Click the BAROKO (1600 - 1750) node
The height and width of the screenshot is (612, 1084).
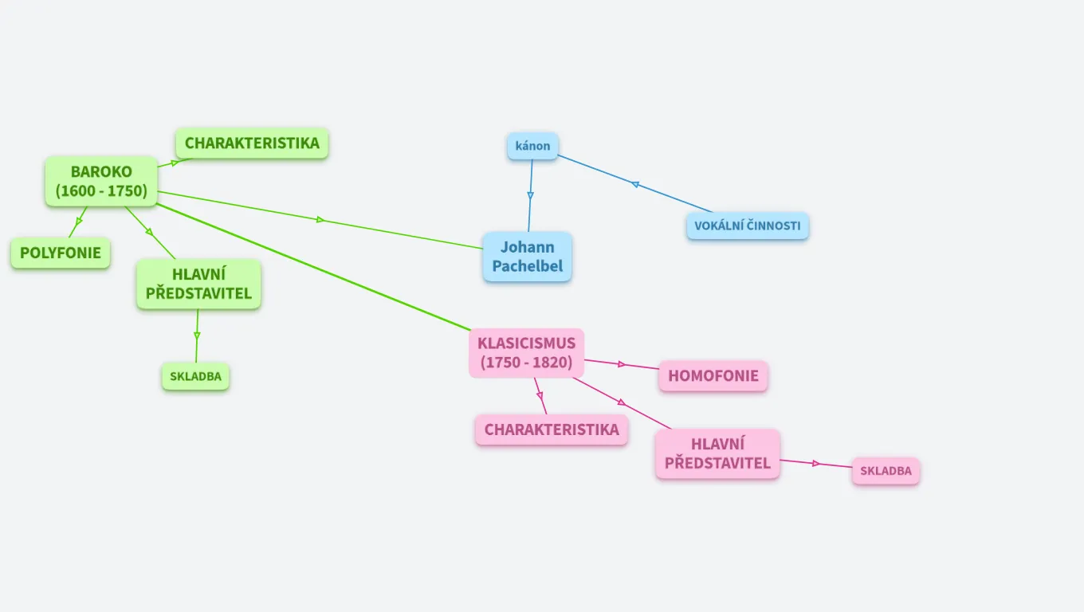pyautogui.click(x=101, y=182)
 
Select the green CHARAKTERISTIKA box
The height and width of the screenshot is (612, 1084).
pyautogui.click(x=252, y=143)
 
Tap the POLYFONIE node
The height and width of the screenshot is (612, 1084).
pyautogui.click(x=61, y=253)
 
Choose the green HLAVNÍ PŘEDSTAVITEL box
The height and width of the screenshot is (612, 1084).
pyautogui.click(x=198, y=284)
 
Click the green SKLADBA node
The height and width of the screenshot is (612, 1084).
pyautogui.click(x=195, y=377)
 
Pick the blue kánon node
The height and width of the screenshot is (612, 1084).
pyautogui.click(x=532, y=147)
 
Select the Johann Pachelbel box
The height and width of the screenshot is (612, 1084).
pyautogui.click(x=527, y=257)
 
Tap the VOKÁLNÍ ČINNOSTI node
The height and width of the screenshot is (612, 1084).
pyautogui.click(x=747, y=226)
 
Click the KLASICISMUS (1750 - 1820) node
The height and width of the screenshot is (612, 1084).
pyautogui.click(x=526, y=353)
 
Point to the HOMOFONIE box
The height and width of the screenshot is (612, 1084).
pyautogui.click(x=713, y=376)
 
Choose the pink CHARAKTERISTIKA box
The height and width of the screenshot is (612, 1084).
pyautogui.click(x=552, y=430)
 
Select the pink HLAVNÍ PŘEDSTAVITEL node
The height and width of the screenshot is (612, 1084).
pyautogui.click(x=717, y=454)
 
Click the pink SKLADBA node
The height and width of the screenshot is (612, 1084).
pyautogui.click(x=886, y=471)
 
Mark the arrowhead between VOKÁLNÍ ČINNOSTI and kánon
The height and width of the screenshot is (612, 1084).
pyautogui.click(x=635, y=184)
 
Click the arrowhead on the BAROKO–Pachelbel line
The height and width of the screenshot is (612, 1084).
pyautogui.click(x=320, y=220)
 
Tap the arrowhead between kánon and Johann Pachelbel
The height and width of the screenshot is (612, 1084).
pyautogui.click(x=530, y=194)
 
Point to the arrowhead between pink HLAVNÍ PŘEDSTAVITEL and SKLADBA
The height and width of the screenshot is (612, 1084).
pyautogui.click(x=816, y=463)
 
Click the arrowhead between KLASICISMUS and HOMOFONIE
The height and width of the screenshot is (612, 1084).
pyautogui.click(x=619, y=363)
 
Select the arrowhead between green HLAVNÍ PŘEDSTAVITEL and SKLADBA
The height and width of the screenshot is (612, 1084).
pyautogui.click(x=197, y=335)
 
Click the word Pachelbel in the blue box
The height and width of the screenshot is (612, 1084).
pyautogui.click(x=527, y=266)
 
